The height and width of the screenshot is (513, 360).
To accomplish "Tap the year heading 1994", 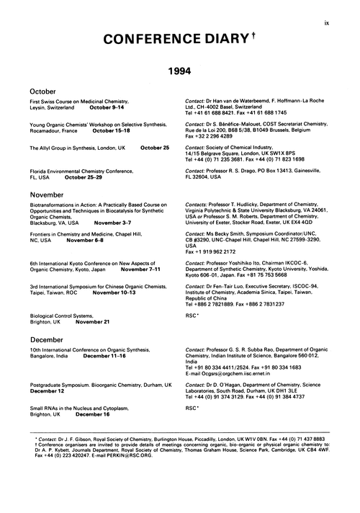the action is [180, 72].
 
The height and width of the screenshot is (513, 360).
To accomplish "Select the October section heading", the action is [45, 92].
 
